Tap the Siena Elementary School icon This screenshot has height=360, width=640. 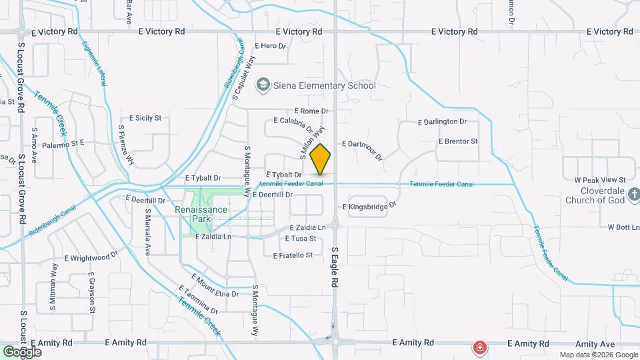(x=264, y=85)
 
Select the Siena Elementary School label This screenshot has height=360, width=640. (x=325, y=85)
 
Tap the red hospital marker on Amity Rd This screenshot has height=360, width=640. (x=479, y=347)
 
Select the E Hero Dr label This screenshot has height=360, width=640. (x=270, y=46)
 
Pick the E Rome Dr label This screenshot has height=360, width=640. (x=311, y=111)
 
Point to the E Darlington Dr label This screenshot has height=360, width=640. (x=442, y=122)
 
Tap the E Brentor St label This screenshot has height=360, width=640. (x=458, y=141)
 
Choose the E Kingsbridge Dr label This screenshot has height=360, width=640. (x=370, y=207)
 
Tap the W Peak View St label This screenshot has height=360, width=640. (x=599, y=180)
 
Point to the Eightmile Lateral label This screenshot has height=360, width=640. (x=94, y=64)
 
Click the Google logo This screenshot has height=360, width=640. (x=22, y=351)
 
